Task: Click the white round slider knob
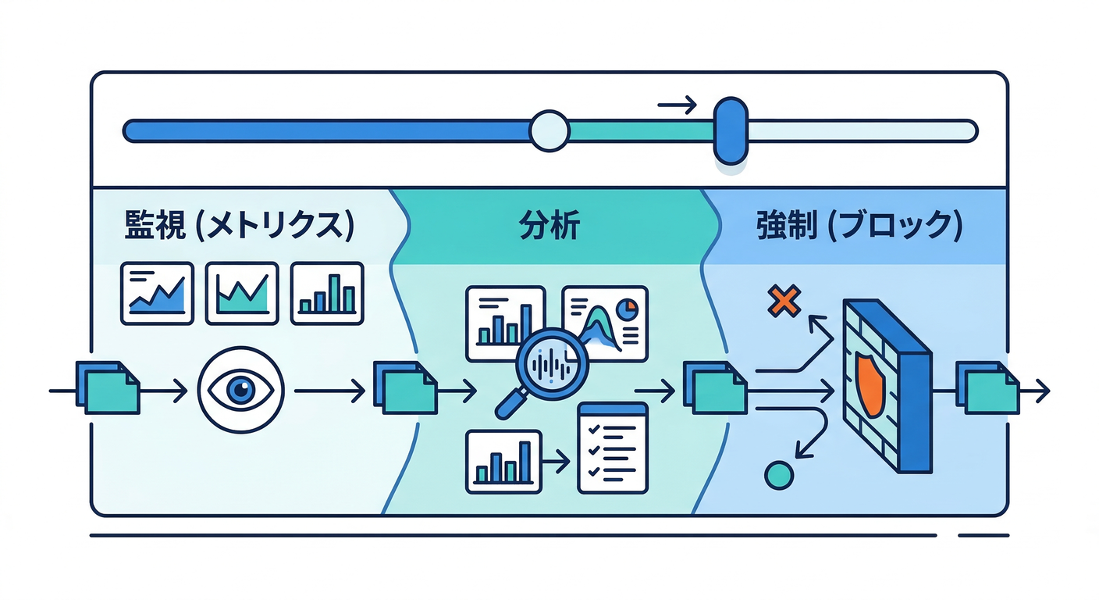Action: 549,130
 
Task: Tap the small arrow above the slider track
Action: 677,105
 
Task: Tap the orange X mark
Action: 784,301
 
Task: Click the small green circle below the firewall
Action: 779,474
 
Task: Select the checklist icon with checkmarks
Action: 613,448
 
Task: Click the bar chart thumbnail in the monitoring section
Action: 327,293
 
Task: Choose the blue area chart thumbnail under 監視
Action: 157,293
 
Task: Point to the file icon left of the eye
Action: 107,388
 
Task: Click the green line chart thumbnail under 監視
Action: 242,293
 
